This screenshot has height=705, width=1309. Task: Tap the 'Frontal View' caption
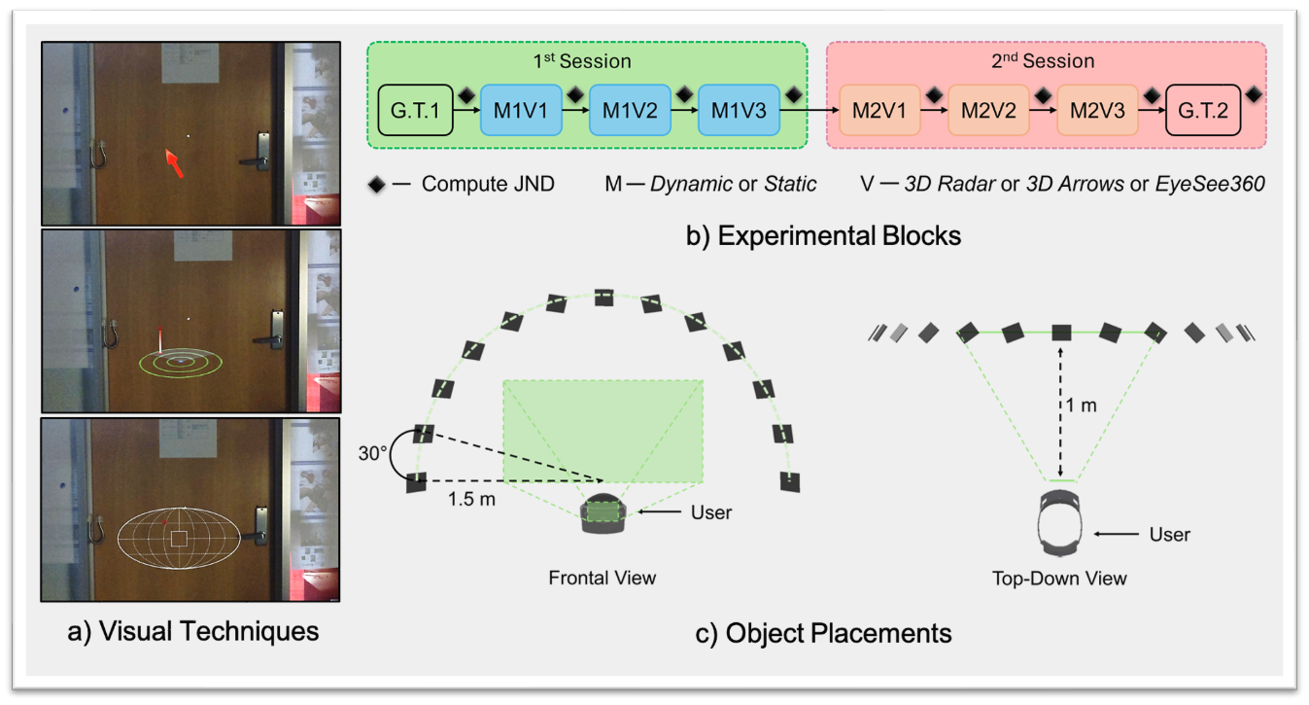[x=602, y=578]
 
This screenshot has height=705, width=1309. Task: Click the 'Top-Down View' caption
[x=1058, y=579]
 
